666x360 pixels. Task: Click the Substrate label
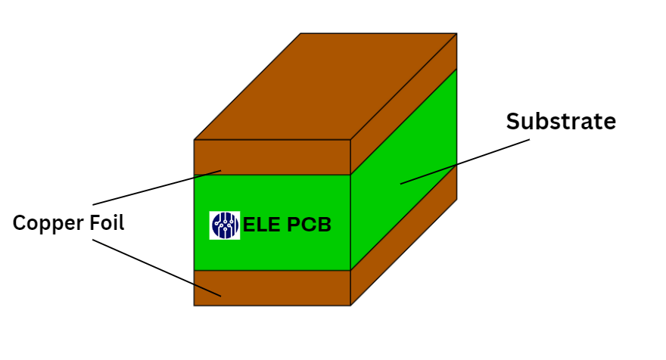point(561,121)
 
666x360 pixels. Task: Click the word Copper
point(45,223)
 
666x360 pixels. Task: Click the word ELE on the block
point(262,225)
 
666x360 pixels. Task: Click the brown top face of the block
point(325,87)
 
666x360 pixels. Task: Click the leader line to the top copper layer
point(151,189)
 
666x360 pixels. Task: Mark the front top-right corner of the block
point(350,140)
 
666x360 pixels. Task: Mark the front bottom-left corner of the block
point(195,305)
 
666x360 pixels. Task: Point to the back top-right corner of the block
point(456,33)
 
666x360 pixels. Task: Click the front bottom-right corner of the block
point(350,305)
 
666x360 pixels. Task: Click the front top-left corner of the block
point(195,140)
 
